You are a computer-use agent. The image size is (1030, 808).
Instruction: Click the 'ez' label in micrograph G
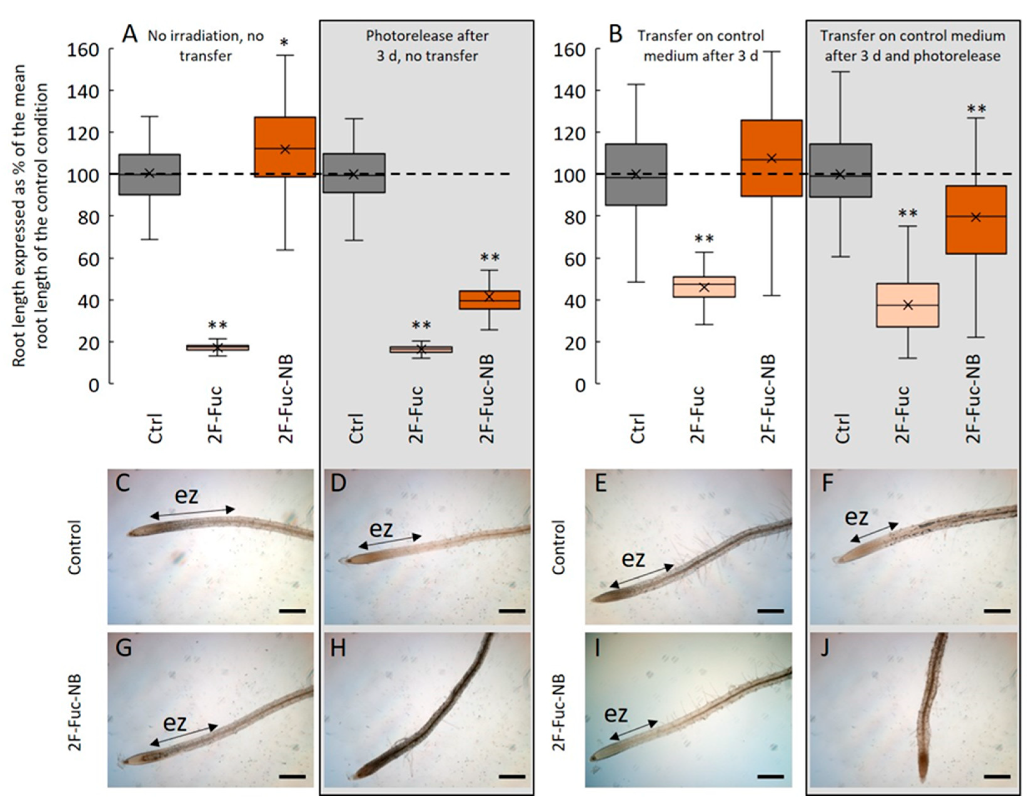point(175,722)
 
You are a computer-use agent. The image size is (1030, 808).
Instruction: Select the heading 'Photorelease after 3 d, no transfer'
point(427,46)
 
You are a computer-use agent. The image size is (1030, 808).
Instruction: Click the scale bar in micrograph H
point(512,776)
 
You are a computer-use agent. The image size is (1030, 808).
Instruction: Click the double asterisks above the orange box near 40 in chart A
point(490,258)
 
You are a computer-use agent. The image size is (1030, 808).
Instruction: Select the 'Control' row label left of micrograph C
point(75,547)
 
